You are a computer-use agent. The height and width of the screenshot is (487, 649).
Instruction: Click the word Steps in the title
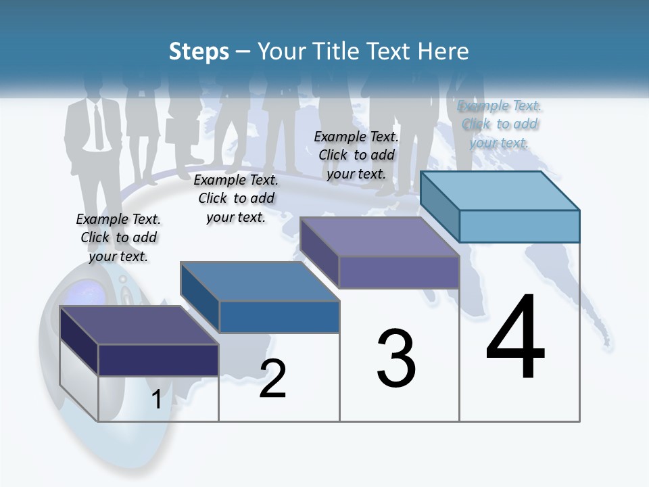pos(199,51)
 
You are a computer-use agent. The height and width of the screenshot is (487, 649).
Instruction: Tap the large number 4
pos(516,338)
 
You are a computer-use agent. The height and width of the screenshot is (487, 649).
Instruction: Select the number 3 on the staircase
pos(396,358)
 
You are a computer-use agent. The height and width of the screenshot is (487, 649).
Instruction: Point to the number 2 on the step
pos(273,379)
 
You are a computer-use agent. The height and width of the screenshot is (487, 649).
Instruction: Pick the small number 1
pos(156,400)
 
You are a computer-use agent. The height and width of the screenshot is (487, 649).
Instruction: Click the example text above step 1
pos(118,237)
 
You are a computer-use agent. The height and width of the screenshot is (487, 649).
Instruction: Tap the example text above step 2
pos(236,198)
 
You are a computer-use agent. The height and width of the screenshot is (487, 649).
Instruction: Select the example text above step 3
pos(356,155)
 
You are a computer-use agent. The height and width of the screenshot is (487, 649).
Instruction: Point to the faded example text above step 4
pos(500,124)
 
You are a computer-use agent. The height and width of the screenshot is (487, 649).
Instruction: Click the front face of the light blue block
pos(519,226)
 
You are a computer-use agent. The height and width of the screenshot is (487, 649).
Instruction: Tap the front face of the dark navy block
pos(158,360)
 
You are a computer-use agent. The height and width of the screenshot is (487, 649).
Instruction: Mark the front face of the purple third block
pos(399,273)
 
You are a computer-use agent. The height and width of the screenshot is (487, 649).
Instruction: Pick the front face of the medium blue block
pos(279,317)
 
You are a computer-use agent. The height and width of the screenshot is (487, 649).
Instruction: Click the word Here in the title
pos(443,51)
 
